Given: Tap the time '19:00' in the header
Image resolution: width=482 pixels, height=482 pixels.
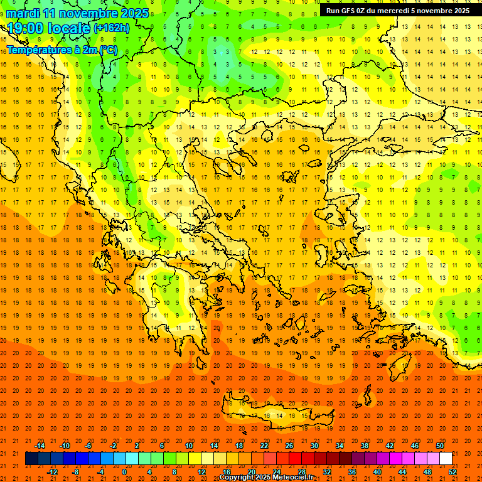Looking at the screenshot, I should [x=26, y=28].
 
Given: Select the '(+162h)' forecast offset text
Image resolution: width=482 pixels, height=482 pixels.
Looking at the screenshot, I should [x=111, y=28].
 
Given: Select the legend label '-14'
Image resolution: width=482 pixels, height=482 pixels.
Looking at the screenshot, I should [x=40, y=446].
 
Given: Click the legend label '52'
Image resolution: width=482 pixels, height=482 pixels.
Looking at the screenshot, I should [x=453, y=472].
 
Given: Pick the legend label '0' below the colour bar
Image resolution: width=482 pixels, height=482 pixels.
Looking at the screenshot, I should [x=124, y=472].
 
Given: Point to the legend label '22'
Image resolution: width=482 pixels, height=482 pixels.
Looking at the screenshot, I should [x=264, y=446].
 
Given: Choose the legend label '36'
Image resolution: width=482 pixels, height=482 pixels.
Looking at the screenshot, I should [x=352, y=472].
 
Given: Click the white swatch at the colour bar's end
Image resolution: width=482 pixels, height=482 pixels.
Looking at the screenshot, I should [x=446, y=459].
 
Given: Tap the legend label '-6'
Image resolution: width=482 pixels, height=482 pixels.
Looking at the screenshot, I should [x=88, y=446].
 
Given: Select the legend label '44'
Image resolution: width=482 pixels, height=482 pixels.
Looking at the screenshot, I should [x=402, y=472].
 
